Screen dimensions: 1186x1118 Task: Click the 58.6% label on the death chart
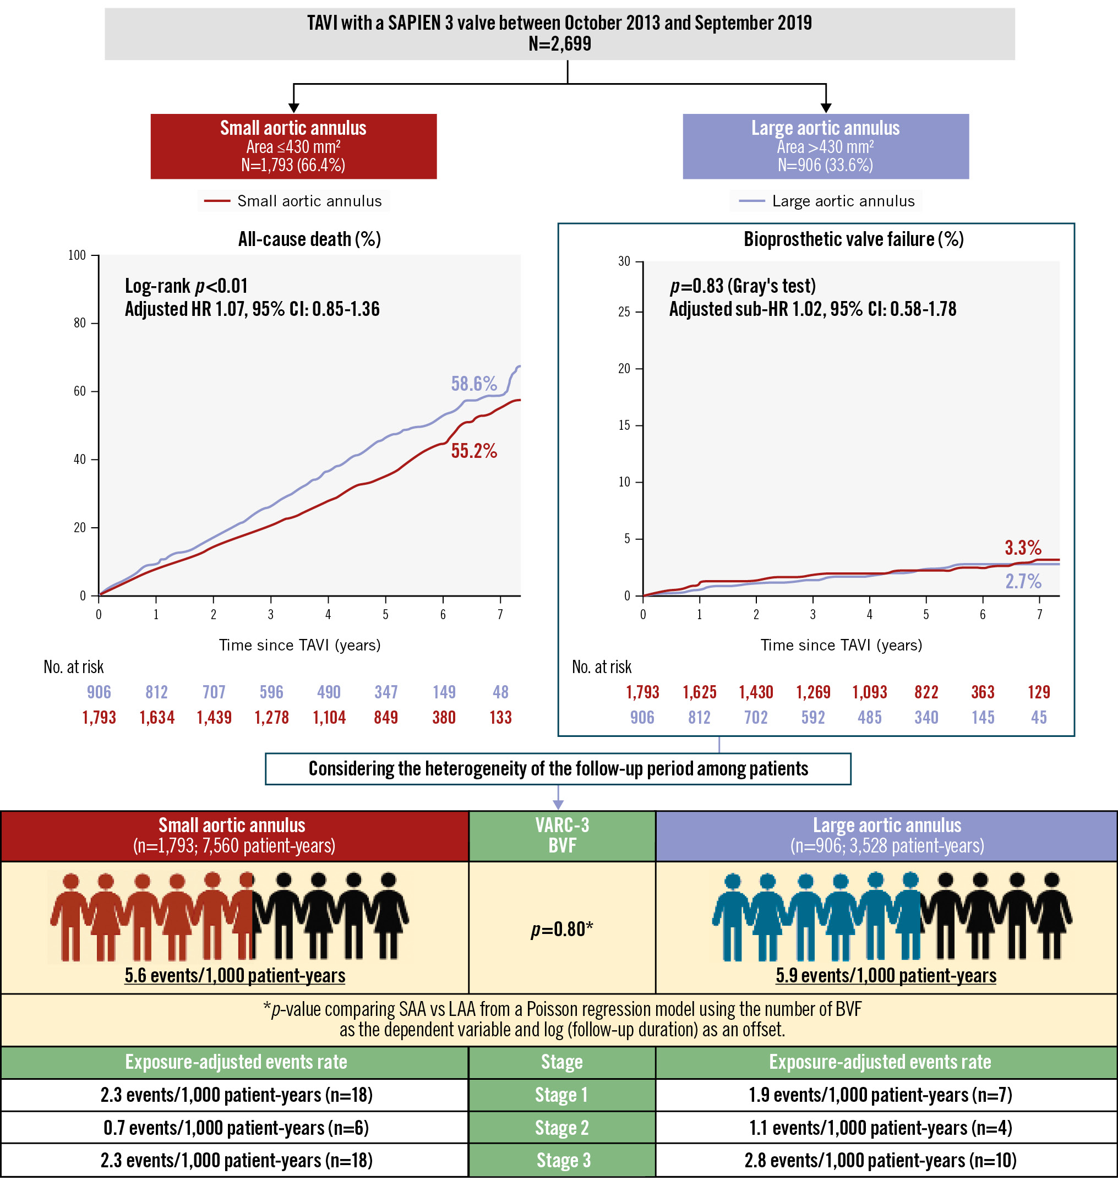point(474,384)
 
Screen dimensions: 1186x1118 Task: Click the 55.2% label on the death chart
point(474,451)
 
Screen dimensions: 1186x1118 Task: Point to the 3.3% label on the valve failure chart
point(1023,548)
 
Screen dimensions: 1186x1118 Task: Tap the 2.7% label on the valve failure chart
point(1023,581)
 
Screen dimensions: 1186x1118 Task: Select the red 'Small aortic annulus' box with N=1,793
point(293,146)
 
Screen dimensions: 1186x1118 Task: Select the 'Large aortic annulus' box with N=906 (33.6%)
point(825,146)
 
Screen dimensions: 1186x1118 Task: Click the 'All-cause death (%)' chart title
point(309,239)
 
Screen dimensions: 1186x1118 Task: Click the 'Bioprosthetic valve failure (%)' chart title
point(853,239)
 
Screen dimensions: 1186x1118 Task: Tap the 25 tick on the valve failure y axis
point(624,312)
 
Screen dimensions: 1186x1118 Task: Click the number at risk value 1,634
point(157,717)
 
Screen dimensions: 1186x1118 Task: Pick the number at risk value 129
point(1039,692)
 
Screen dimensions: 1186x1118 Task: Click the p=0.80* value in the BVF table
point(562,929)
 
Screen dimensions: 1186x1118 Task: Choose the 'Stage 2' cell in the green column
point(561,1128)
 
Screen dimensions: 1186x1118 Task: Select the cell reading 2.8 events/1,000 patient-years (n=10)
point(880,1160)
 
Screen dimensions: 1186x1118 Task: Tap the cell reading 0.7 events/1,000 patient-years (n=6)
point(236,1128)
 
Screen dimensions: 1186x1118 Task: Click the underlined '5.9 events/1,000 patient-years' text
point(885,975)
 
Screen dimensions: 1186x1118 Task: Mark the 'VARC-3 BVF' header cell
point(562,835)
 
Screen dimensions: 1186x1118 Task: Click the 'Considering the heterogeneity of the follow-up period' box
point(558,768)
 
